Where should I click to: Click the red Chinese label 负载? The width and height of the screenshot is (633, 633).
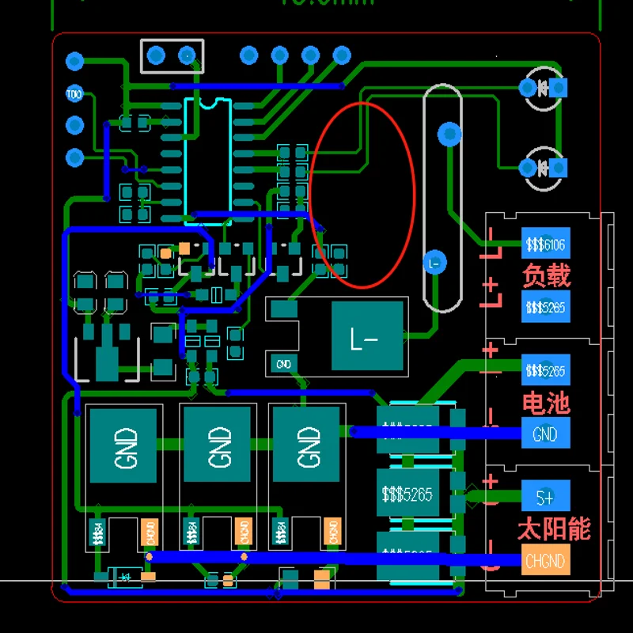[546, 275]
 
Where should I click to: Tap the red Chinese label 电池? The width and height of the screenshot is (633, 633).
[546, 403]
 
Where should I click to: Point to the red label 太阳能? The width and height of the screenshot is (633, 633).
[554, 529]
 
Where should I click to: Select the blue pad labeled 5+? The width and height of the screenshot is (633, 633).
[545, 497]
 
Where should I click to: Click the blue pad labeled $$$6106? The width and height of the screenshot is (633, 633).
[545, 244]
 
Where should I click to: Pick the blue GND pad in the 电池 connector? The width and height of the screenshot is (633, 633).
[545, 434]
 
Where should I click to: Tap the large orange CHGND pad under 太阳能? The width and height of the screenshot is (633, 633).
[545, 560]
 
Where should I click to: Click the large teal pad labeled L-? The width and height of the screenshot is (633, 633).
[366, 336]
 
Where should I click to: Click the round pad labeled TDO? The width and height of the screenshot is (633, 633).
[74, 94]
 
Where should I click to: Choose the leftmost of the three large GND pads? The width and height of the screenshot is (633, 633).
[124, 445]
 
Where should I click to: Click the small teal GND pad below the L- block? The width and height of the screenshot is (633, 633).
[283, 364]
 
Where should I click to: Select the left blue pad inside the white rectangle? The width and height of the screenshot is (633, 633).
[156, 55]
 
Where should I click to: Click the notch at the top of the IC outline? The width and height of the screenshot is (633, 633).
[209, 101]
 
